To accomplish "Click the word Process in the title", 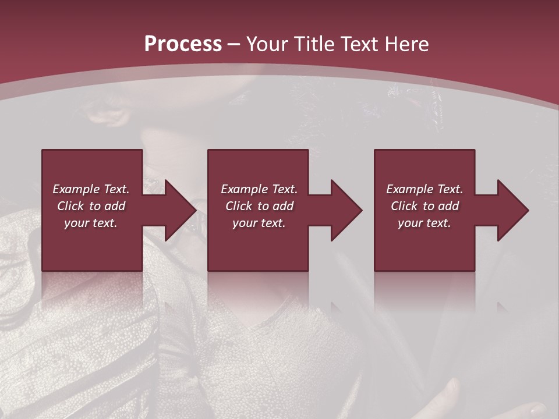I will click(x=183, y=44).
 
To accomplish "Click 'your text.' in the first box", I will click(x=91, y=223).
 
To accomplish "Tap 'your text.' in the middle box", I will click(x=259, y=223).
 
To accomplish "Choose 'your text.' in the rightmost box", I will click(x=424, y=223).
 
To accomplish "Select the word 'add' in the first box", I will click(x=115, y=206).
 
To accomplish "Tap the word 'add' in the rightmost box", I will click(x=449, y=206).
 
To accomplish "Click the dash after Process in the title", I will click(x=234, y=45).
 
